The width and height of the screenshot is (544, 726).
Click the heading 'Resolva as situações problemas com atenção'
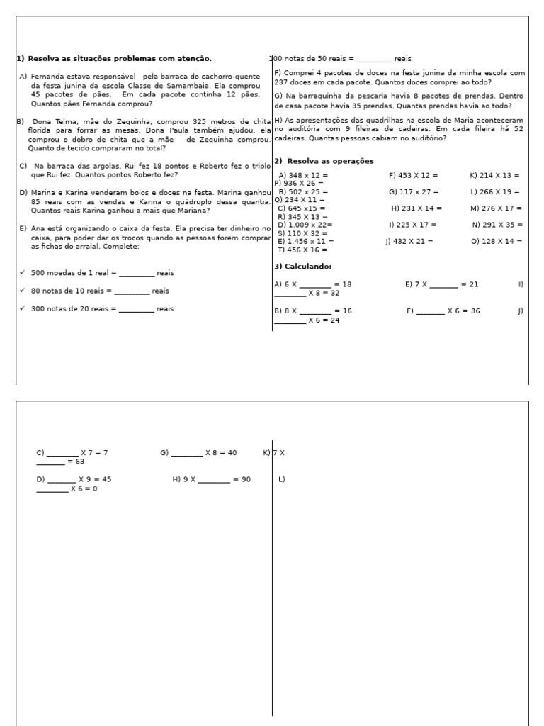(119, 59)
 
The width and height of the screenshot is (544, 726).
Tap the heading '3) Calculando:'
(302, 266)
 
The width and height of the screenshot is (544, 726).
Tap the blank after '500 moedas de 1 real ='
(137, 274)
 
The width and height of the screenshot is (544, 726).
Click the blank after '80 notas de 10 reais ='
(132, 291)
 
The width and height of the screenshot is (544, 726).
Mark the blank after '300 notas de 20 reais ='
(137, 309)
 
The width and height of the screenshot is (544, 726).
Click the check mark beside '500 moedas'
(23, 273)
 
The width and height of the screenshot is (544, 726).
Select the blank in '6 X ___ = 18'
(315, 285)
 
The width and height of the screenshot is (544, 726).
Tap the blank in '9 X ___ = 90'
(214, 480)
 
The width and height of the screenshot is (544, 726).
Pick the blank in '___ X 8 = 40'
(186, 453)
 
